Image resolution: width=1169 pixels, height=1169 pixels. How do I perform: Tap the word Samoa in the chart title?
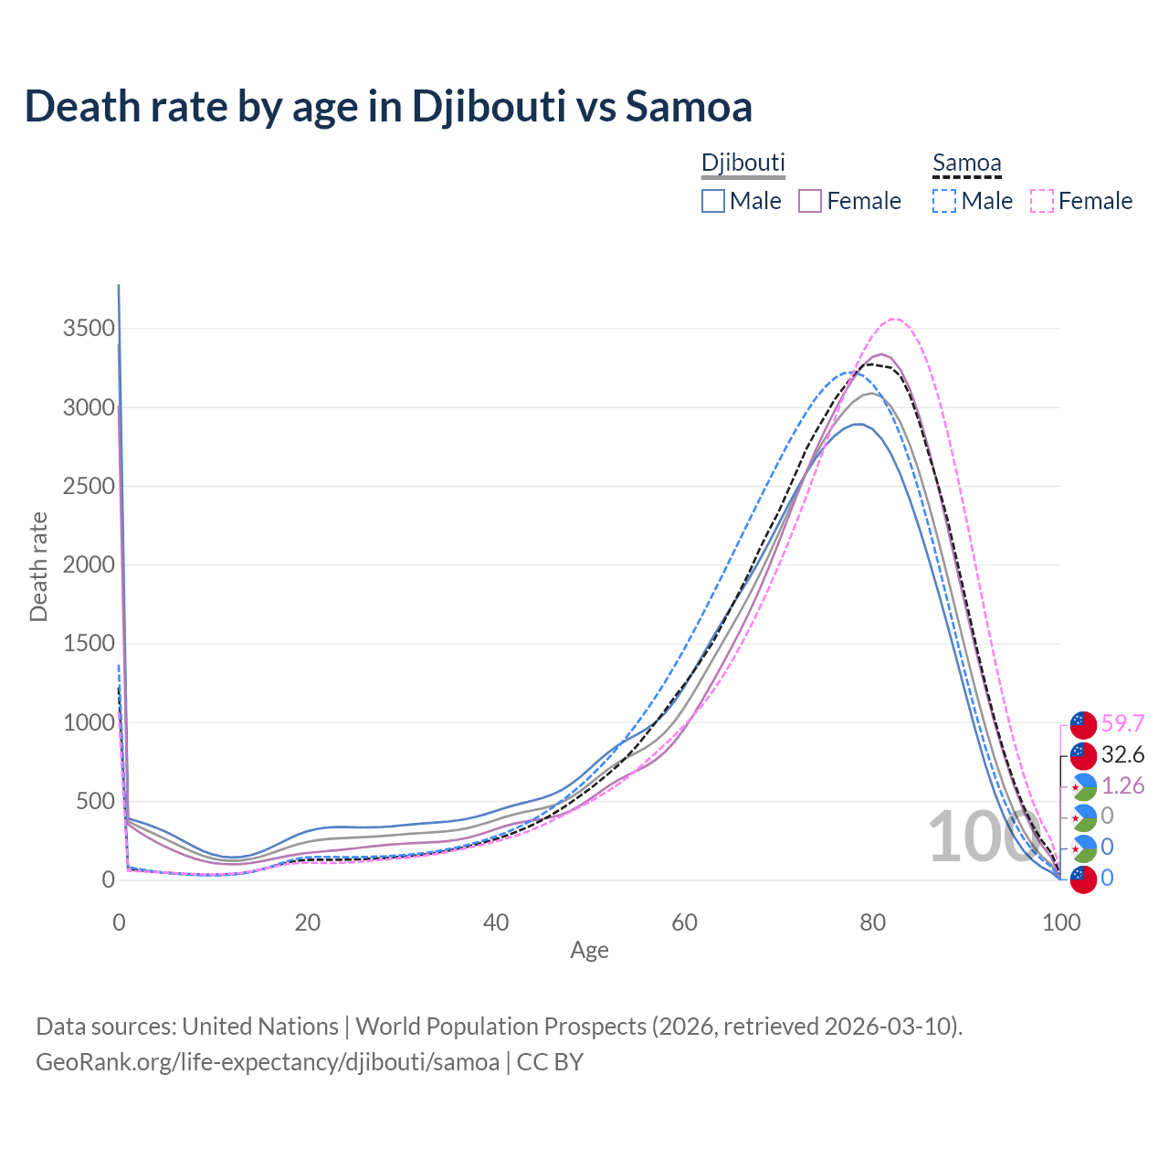click(689, 106)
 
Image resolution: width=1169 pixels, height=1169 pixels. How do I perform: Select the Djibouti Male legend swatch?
click(713, 201)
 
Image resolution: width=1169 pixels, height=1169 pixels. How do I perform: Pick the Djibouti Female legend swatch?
click(810, 201)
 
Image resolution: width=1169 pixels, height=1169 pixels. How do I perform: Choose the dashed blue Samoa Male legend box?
click(944, 201)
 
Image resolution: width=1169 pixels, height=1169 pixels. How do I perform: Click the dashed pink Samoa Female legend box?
click(1041, 201)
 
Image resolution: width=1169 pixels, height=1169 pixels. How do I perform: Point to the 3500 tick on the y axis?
click(89, 329)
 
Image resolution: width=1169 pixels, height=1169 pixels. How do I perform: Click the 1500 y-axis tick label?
click(89, 644)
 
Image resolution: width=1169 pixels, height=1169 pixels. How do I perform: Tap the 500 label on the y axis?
click(94, 802)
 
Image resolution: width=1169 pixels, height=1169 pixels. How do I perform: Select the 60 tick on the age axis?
click(684, 922)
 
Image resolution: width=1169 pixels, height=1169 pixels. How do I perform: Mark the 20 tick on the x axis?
click(308, 922)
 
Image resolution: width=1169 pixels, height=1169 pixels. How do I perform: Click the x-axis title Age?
click(589, 951)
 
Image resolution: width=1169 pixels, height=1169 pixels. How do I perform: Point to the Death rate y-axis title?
click(38, 566)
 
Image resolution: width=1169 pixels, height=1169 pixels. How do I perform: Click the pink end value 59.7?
click(1122, 724)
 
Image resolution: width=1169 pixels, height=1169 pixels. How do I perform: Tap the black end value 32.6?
click(1122, 755)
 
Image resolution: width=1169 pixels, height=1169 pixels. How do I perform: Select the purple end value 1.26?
click(1122, 786)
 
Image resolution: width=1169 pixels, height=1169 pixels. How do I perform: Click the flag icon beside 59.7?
click(1083, 724)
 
